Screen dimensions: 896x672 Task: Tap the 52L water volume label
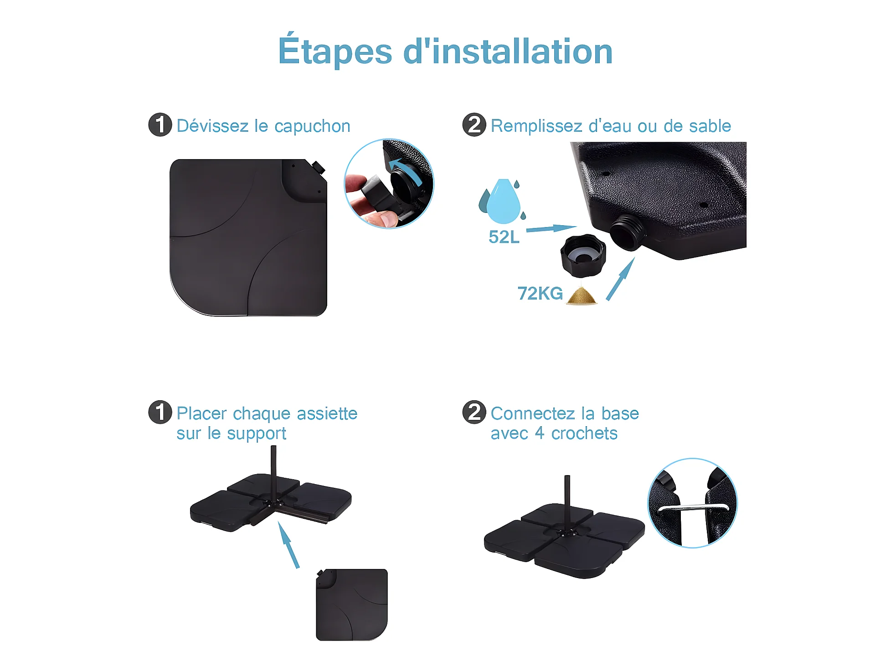(x=504, y=237)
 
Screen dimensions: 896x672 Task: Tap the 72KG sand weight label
(x=540, y=294)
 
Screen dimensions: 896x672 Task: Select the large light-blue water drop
(x=503, y=202)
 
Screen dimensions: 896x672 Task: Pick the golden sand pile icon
(x=581, y=295)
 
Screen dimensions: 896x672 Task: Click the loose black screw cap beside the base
(x=583, y=256)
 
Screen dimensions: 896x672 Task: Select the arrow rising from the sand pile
(x=620, y=279)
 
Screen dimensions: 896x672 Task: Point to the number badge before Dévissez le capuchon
(x=160, y=125)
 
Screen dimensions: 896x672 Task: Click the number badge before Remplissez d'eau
(x=474, y=125)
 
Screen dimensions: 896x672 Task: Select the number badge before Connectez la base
(x=474, y=412)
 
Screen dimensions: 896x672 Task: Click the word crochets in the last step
(x=584, y=434)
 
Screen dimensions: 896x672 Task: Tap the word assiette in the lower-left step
(x=327, y=414)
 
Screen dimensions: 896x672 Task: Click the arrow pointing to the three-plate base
(x=288, y=545)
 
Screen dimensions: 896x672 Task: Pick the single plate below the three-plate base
(x=351, y=605)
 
